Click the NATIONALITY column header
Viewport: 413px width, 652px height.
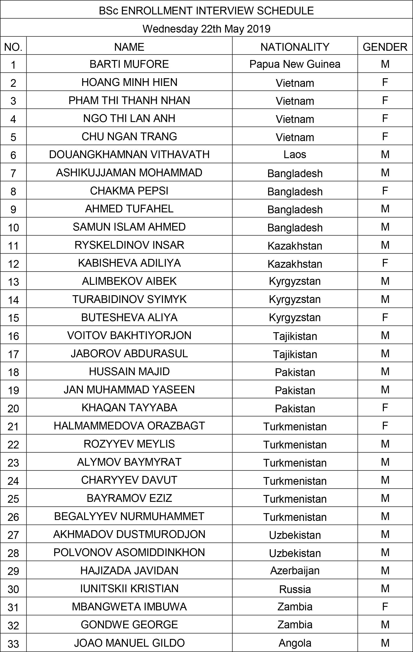click(295, 47)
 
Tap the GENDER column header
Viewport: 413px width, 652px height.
click(385, 47)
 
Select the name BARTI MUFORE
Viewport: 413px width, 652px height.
click(129, 64)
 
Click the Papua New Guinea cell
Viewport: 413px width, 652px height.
click(295, 64)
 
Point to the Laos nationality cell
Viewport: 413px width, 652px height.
click(295, 155)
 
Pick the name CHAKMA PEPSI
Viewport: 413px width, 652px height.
click(129, 191)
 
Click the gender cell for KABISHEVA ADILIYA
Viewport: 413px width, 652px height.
click(385, 263)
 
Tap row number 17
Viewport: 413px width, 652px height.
click(13, 354)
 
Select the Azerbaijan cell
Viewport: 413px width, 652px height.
click(295, 570)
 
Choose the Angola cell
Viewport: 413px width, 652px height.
click(295, 643)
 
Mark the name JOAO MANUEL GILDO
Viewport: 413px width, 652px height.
click(129, 643)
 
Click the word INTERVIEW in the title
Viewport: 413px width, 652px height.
click(224, 11)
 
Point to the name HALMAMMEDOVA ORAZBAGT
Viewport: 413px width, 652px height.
click(129, 426)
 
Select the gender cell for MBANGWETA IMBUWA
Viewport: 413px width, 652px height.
click(385, 607)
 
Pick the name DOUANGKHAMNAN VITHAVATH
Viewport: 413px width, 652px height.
click(129, 155)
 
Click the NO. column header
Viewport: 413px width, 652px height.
click(13, 47)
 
